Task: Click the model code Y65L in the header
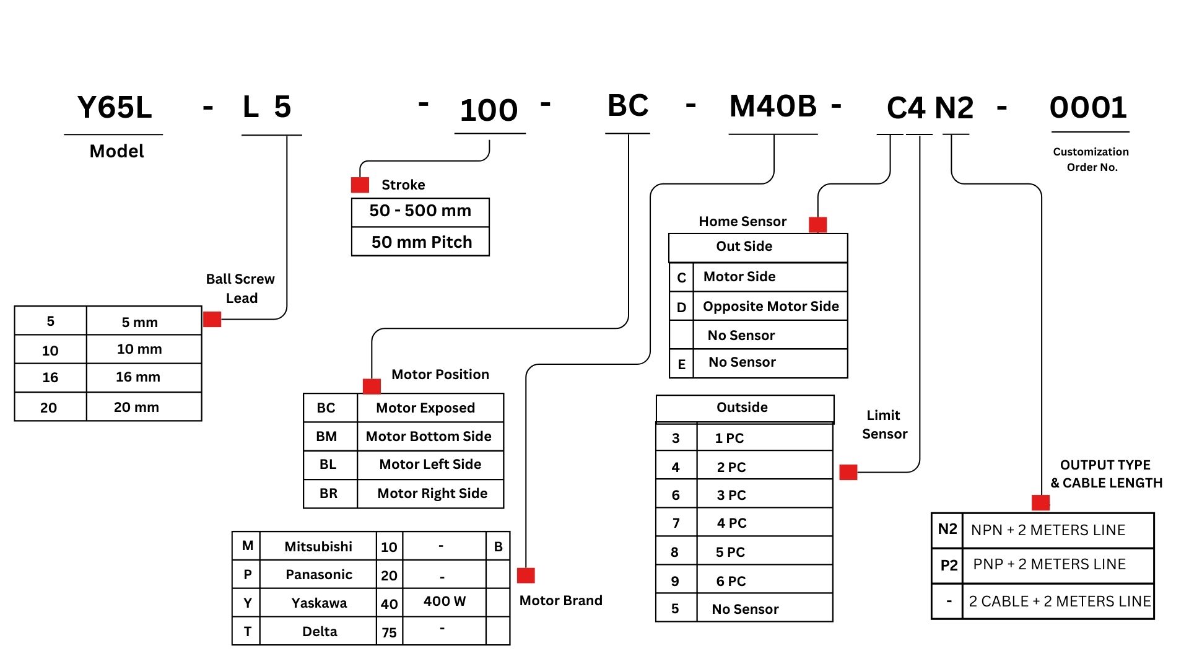click(115, 107)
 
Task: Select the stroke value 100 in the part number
click(489, 110)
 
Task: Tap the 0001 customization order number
click(1088, 107)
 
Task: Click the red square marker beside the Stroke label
click(360, 185)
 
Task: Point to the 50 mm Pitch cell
click(421, 242)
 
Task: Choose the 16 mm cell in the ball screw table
click(137, 377)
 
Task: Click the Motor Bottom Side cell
click(429, 436)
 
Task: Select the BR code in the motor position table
click(328, 493)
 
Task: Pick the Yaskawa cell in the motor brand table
click(319, 603)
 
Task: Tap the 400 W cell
click(444, 601)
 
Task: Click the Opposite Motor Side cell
click(770, 306)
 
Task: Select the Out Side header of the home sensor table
click(744, 246)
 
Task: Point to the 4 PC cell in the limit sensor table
click(731, 523)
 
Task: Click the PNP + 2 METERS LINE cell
click(1049, 564)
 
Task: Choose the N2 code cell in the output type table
click(947, 529)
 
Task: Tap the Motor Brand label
click(560, 600)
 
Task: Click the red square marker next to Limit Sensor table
click(848, 472)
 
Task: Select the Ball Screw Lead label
click(241, 288)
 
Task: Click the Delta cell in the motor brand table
click(320, 631)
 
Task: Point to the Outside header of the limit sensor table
click(742, 407)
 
